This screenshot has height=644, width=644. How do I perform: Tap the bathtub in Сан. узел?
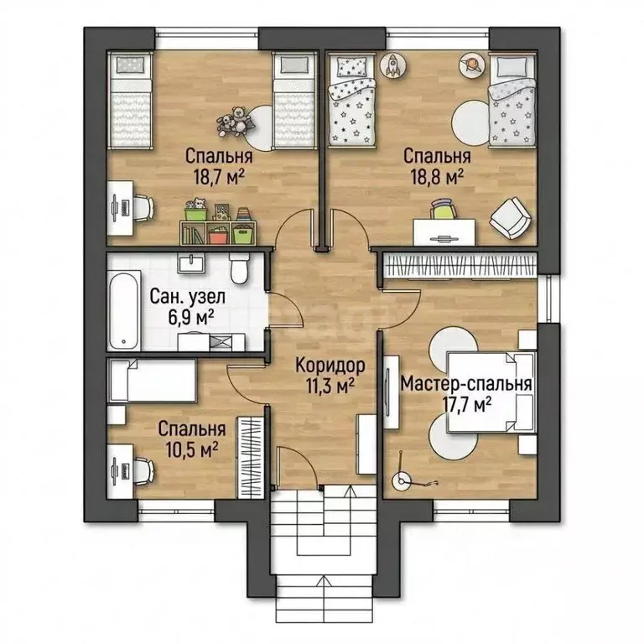(x=124, y=309)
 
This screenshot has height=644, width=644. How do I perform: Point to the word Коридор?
(x=330, y=365)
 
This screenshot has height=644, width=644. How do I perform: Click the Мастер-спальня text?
(x=466, y=384)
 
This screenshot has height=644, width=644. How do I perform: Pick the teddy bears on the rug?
(x=233, y=121)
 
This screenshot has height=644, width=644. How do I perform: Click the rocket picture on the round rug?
(x=393, y=65)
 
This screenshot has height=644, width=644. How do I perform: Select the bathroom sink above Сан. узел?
(x=191, y=262)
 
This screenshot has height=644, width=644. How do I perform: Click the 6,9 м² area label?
(x=191, y=317)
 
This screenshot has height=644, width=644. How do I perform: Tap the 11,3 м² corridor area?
(x=330, y=385)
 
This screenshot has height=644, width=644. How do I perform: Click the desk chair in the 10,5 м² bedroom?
(x=144, y=471)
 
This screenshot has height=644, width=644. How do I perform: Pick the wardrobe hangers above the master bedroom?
(x=460, y=266)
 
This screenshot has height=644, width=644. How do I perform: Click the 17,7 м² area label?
(x=465, y=405)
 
